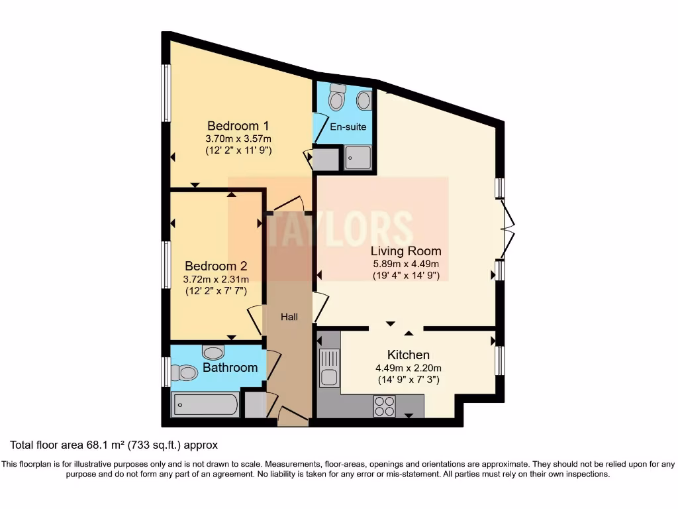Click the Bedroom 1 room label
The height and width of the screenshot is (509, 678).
[x=238, y=126]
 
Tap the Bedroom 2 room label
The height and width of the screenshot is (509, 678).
[x=216, y=266]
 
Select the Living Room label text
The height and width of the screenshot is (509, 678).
[x=405, y=251]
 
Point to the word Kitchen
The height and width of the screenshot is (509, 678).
[x=409, y=355]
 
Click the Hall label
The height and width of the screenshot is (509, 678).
[x=289, y=317]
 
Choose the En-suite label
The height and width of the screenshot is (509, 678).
[x=348, y=127]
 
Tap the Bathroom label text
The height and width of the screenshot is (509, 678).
[x=230, y=367]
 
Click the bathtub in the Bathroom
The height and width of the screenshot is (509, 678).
[x=205, y=404]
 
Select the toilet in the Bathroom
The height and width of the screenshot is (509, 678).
[x=185, y=373]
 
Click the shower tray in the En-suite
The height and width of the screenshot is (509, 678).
[x=358, y=158]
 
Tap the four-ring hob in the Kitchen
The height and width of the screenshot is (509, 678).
[x=384, y=406]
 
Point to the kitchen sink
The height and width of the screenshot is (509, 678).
[x=328, y=368]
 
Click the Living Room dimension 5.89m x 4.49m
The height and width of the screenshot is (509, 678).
[x=405, y=264]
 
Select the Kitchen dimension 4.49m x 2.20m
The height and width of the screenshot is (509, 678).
[x=409, y=368]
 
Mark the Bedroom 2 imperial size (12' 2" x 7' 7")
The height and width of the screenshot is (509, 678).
[x=216, y=290]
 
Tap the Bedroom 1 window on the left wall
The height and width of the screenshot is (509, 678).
[x=166, y=93]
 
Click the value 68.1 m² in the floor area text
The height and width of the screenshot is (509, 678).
[x=97, y=445]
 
